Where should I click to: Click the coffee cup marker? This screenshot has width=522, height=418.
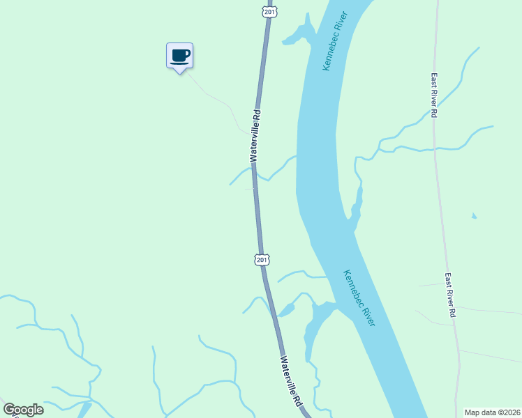click(x=179, y=55)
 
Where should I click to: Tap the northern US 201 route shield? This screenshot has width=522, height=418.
click(x=270, y=12)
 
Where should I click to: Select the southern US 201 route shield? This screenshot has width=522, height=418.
click(x=261, y=260)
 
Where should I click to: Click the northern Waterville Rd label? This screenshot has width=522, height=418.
click(x=256, y=135)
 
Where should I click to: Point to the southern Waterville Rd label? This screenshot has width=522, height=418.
click(x=292, y=382)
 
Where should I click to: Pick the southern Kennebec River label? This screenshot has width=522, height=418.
click(x=359, y=298)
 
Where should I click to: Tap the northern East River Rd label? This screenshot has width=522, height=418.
click(x=434, y=95)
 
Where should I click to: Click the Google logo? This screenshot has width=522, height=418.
click(x=23, y=410)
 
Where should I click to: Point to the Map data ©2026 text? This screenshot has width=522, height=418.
click(x=493, y=412)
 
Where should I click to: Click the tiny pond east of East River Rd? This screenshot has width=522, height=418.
click(x=475, y=215)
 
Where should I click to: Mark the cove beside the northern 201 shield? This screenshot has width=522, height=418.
click(x=298, y=32)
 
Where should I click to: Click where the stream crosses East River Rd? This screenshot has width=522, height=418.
click(x=435, y=148)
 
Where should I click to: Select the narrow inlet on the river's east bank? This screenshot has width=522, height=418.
click(x=357, y=206)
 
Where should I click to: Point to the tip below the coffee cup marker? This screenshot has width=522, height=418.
click(x=179, y=73)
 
